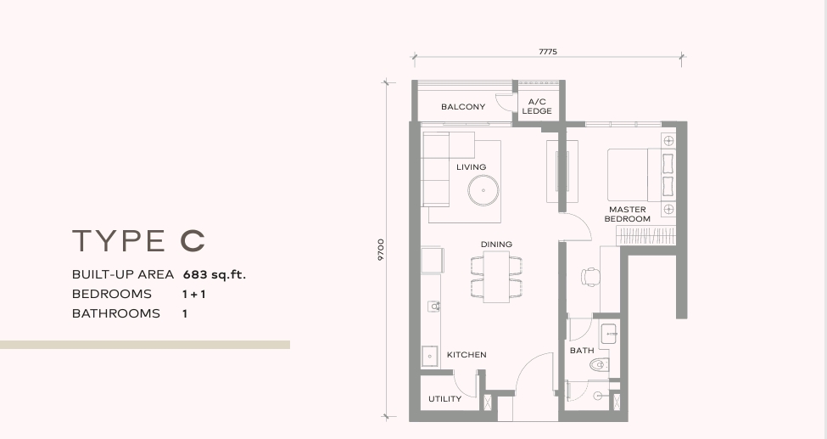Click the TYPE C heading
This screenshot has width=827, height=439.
tap(138, 240)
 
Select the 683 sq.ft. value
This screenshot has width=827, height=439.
tap(215, 275)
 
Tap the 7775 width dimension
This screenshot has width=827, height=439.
tap(548, 52)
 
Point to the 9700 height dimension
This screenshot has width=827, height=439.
tap(381, 250)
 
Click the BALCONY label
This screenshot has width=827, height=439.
tap(463, 107)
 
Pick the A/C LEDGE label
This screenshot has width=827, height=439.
tap(537, 106)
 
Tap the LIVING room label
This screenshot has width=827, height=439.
tap(471, 167)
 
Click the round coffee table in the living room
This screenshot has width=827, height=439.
tap(483, 190)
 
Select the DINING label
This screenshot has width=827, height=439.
tap(496, 244)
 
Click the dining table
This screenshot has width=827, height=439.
tap(496, 277)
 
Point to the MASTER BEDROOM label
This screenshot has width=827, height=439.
tap(627, 214)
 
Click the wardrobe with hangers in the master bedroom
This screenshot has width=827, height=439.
tap(646, 235)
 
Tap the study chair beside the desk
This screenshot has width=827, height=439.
tap(590, 277)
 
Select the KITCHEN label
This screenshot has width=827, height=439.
tap(467, 354)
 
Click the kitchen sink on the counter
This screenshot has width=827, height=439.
tap(430, 356)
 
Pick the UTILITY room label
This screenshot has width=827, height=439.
tap(444, 399)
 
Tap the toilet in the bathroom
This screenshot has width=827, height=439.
tap(600, 364)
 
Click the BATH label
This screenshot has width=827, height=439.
tap(582, 350)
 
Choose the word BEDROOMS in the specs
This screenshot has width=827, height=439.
tap(112, 294)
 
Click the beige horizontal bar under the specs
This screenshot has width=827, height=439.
tap(145, 345)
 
